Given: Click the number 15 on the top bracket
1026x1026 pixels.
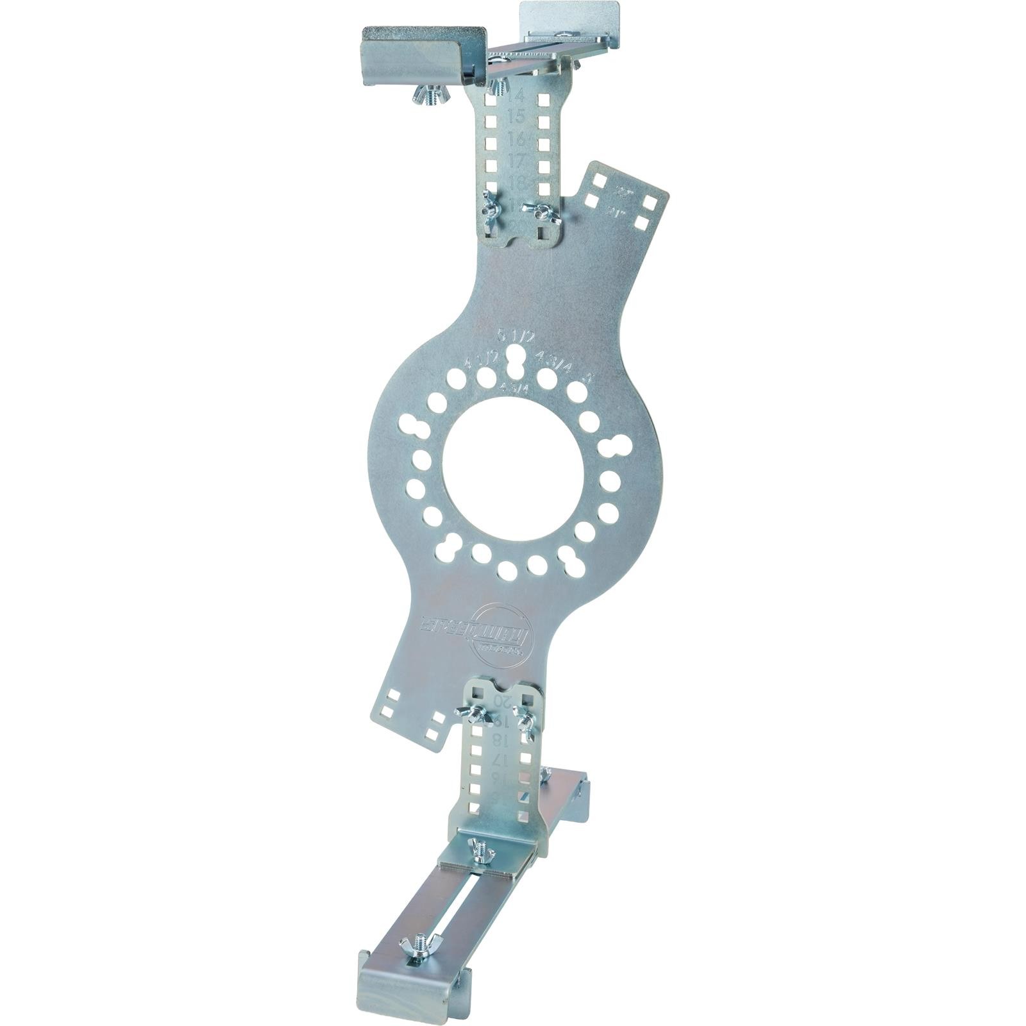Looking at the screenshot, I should click(516, 117).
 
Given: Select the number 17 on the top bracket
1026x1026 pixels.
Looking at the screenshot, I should click(516, 160).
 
